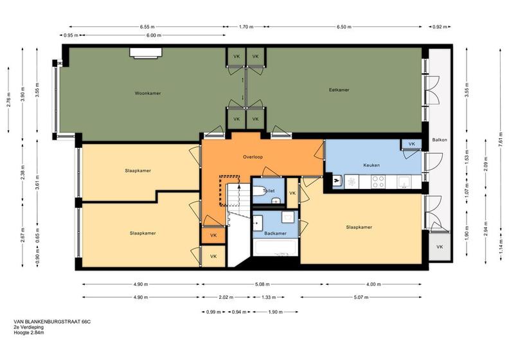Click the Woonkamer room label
[x=148, y=93]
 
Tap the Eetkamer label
[x=339, y=90]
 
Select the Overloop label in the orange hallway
[x=253, y=157]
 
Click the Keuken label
[x=371, y=165]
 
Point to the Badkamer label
[x=275, y=233]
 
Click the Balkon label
[x=440, y=140]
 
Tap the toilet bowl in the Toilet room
[x=260, y=191]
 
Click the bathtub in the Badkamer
[x=275, y=248]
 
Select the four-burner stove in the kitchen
[x=378, y=182]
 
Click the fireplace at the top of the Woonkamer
[x=146, y=53]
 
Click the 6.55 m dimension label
[x=147, y=27]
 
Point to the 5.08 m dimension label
[x=262, y=284]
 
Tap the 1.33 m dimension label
[x=269, y=297]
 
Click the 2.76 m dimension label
[x=8, y=100]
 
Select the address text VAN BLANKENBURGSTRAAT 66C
[x=52, y=321]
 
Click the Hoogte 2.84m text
[x=29, y=332]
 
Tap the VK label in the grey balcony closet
[x=440, y=247]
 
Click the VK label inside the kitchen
[x=411, y=144]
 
